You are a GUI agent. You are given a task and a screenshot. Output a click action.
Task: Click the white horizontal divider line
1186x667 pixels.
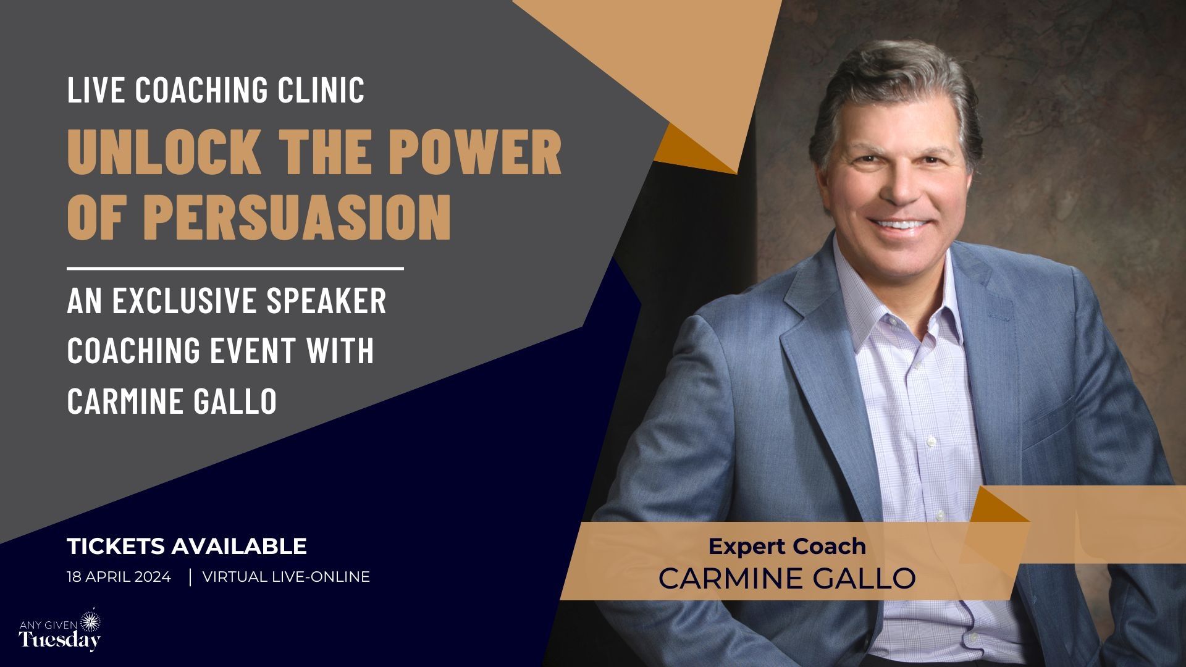(x=235, y=269)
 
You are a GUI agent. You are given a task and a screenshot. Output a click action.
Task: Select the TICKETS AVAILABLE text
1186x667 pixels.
(x=187, y=546)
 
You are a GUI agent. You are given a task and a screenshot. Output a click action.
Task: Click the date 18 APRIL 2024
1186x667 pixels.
(x=119, y=577)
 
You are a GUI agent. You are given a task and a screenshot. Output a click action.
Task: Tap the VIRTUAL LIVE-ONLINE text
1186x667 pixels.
(x=286, y=577)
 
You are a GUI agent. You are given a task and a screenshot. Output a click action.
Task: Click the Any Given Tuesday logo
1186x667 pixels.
(x=60, y=631)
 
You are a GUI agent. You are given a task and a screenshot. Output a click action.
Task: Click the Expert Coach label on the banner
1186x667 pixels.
(x=787, y=547)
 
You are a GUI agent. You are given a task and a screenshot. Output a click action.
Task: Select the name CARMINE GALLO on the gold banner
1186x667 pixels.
(x=787, y=578)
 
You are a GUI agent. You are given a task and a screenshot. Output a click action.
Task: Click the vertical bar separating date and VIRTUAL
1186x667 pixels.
(x=190, y=577)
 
